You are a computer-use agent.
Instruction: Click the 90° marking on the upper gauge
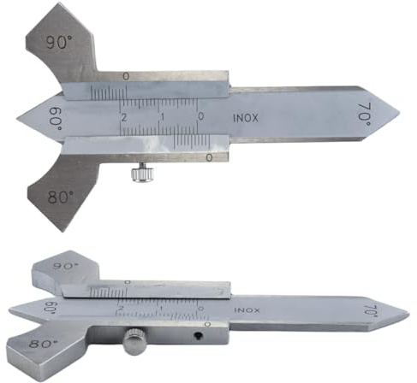click(x=59, y=43)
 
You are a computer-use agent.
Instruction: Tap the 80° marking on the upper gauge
click(x=61, y=197)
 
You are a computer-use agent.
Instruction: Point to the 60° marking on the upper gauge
click(x=56, y=120)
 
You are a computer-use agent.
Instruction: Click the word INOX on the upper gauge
click(x=246, y=118)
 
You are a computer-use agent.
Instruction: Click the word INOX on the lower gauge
click(x=247, y=310)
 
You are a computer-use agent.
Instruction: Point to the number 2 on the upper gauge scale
click(x=124, y=117)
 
